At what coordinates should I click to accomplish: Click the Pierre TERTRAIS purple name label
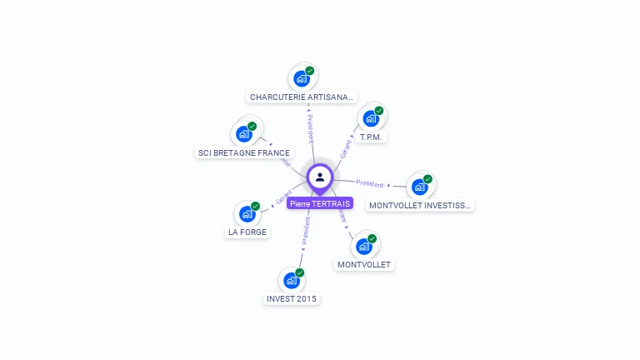pyautogui.click(x=320, y=203)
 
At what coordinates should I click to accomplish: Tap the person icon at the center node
pyautogui.click(x=320, y=177)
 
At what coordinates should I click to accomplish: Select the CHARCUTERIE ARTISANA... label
pyautogui.click(x=302, y=97)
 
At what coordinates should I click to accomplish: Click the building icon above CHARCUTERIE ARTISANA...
pyautogui.click(x=301, y=79)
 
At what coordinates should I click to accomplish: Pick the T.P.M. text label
pyautogui.click(x=371, y=137)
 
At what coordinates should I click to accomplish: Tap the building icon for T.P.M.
pyautogui.click(x=371, y=118)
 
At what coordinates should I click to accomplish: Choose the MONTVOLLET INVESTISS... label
pyautogui.click(x=420, y=205)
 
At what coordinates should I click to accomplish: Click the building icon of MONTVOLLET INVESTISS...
pyautogui.click(x=419, y=187)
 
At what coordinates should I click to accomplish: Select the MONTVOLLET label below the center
pyautogui.click(x=364, y=265)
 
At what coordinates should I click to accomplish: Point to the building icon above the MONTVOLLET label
pyautogui.click(x=364, y=247)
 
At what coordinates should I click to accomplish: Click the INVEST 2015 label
pyautogui.click(x=292, y=298)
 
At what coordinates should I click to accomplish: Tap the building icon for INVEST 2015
pyautogui.click(x=291, y=280)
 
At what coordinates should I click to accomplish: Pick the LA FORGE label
pyautogui.click(x=247, y=232)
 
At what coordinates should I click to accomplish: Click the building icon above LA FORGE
pyautogui.click(x=247, y=214)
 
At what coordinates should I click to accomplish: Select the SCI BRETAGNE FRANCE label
pyautogui.click(x=244, y=153)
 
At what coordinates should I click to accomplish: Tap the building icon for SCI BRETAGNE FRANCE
pyautogui.click(x=244, y=134)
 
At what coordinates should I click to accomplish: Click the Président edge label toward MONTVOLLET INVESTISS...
pyautogui.click(x=370, y=183)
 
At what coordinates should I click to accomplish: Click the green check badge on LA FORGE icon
pyautogui.click(x=256, y=206)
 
